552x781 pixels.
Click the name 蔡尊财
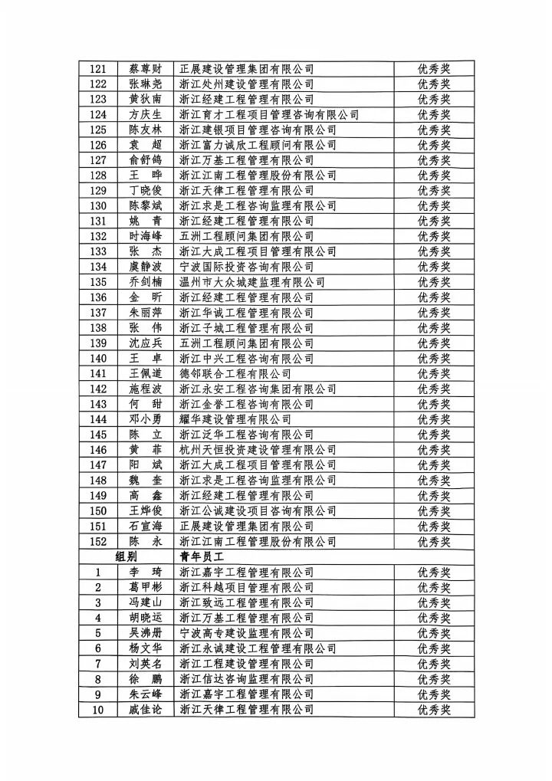coord(146,69)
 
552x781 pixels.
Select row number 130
coord(98,205)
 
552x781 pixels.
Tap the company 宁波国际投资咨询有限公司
coord(246,267)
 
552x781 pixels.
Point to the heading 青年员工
coord(200,557)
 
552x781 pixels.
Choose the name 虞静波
coord(146,267)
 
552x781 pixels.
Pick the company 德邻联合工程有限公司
coord(235,374)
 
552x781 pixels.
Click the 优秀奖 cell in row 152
coord(433,542)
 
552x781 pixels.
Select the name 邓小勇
coord(146,419)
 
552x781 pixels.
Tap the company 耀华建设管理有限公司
coord(235,419)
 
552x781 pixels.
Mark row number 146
coord(98,450)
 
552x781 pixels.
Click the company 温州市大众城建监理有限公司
coord(251,282)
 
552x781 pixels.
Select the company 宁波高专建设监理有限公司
coord(246,633)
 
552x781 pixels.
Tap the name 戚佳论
coord(146,710)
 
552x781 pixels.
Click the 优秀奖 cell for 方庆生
coord(433,114)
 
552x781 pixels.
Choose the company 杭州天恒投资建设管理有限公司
coord(257,450)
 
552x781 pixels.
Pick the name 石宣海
coord(146,527)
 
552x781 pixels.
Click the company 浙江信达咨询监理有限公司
coord(246,679)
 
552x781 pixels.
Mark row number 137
coord(98,313)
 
